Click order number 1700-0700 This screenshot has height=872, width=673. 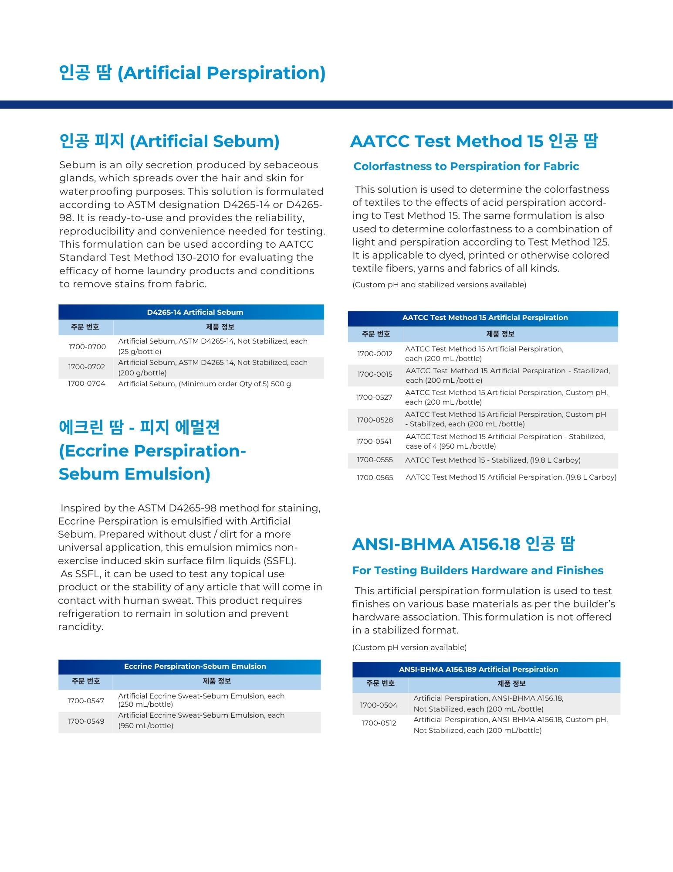[x=87, y=347]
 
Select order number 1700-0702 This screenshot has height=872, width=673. [x=87, y=367]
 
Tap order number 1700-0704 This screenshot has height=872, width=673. [x=87, y=384]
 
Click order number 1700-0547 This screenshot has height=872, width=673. [x=86, y=701]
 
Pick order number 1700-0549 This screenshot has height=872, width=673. [x=86, y=721]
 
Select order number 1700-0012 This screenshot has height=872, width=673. [x=375, y=354]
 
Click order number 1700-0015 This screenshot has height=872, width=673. [x=375, y=374]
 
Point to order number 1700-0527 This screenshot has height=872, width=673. [x=374, y=397]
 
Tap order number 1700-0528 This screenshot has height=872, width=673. [x=375, y=420]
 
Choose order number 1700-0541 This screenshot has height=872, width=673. [x=374, y=441]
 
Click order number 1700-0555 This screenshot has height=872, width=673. [x=375, y=460]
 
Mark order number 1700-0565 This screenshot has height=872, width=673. [x=375, y=477]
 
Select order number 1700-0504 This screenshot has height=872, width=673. [x=379, y=705]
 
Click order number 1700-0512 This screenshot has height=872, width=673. [x=379, y=723]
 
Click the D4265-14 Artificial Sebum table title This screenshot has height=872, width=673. [x=195, y=312]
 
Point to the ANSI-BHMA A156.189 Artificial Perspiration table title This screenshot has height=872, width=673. [x=478, y=669]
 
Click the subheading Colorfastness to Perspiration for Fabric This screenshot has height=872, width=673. [x=466, y=166]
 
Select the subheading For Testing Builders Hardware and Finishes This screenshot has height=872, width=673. [x=478, y=570]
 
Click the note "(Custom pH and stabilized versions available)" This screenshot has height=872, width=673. [x=439, y=285]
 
